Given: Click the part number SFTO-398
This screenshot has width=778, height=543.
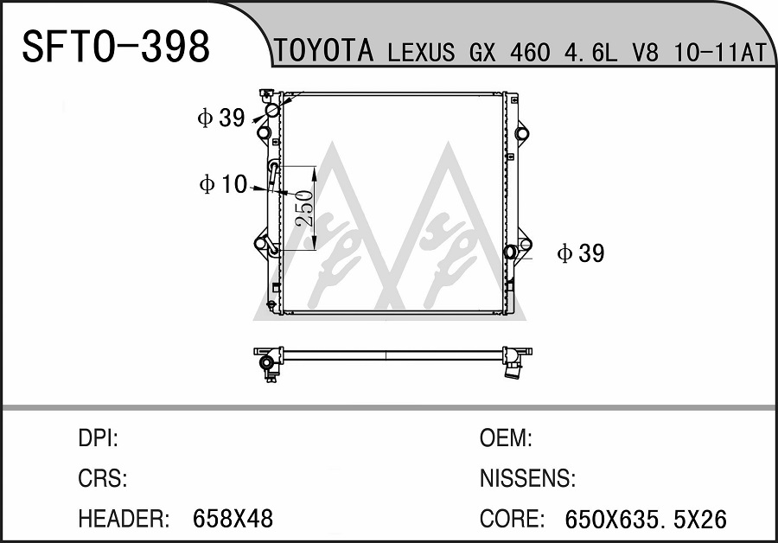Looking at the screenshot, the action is (116, 47).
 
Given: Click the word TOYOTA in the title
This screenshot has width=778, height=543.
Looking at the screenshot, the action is (323, 50).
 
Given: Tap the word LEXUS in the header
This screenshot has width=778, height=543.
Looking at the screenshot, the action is (421, 52).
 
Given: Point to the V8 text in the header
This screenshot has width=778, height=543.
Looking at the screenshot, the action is (645, 52).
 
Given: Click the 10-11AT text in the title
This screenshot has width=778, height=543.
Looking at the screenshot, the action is (720, 52).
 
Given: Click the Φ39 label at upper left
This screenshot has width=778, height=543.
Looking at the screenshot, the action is (221, 118).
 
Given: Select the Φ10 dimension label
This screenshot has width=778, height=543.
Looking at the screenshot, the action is (223, 184).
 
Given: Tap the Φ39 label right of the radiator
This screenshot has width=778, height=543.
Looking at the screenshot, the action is (581, 253).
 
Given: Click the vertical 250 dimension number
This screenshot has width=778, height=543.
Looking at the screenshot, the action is (304, 208).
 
